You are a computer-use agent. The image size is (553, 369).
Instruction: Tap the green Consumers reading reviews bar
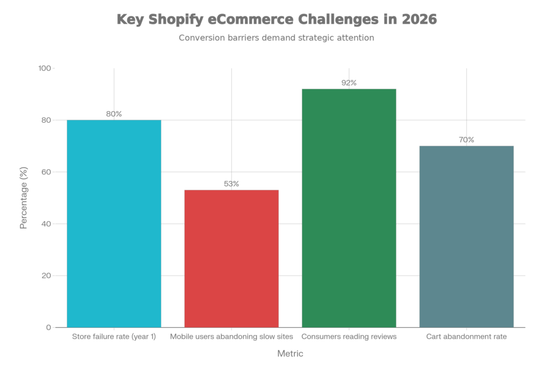tap(349, 208)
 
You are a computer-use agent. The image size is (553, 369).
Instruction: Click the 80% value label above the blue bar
tap(114, 114)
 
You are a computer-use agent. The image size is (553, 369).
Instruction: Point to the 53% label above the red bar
tap(232, 184)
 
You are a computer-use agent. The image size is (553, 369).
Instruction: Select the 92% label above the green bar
tap(349, 83)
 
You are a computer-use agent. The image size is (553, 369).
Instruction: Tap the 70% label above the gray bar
tap(467, 140)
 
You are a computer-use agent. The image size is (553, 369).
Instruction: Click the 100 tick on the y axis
tap(44, 69)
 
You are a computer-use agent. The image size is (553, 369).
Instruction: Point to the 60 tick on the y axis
tap(46, 172)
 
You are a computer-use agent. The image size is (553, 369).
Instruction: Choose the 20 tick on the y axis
tap(46, 276)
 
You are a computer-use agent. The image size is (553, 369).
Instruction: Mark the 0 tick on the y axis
tap(48, 328)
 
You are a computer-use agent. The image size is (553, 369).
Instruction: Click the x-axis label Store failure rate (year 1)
tap(114, 337)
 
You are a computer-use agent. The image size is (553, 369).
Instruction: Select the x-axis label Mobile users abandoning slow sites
tap(232, 337)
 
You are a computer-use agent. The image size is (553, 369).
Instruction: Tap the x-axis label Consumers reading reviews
tap(349, 337)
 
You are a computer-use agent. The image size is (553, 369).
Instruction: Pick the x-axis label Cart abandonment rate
tap(467, 337)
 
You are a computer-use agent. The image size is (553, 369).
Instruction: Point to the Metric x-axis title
tap(290, 354)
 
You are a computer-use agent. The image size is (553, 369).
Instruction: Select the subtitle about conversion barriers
tap(276, 38)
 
